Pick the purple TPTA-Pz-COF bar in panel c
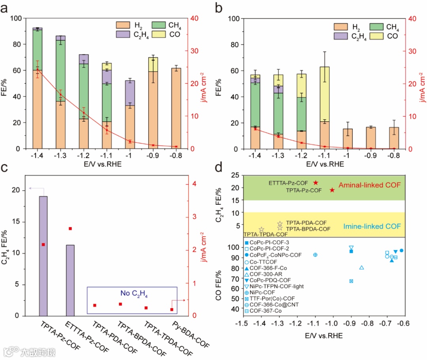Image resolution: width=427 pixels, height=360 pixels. [x=43, y=256]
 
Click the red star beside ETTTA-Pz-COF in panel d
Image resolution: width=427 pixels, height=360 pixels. [x=316, y=183]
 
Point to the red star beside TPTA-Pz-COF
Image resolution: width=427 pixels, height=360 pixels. [x=332, y=190]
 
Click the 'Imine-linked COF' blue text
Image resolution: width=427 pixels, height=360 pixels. [x=371, y=226]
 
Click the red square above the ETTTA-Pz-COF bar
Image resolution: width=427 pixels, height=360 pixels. [x=70, y=228]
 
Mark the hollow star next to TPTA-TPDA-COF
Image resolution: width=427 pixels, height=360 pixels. [x=261, y=230]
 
